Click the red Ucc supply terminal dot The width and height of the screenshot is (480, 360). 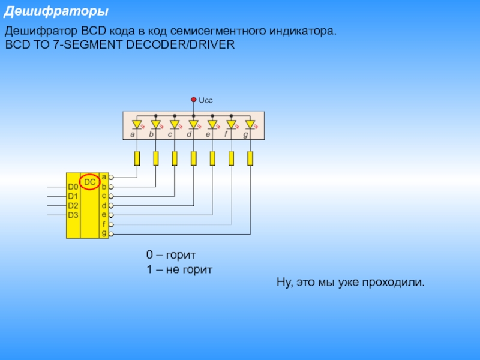click(x=193, y=100)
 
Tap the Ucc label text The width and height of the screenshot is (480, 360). click(x=206, y=100)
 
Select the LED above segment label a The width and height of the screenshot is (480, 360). click(x=137, y=125)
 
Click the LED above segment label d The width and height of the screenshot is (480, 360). click(x=193, y=125)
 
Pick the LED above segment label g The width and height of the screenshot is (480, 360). click(x=250, y=125)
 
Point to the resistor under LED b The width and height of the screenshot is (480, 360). click(x=155, y=158)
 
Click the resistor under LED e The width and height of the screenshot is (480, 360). click(x=212, y=158)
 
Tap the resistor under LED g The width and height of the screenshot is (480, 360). click(x=250, y=158)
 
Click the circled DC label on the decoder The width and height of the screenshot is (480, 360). click(x=89, y=181)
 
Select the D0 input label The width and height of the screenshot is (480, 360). click(x=73, y=187)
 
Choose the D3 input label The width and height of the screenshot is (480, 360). click(x=73, y=214)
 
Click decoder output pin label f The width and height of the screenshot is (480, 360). click(x=104, y=223)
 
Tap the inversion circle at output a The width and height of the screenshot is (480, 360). click(x=111, y=178)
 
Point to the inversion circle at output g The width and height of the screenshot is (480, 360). click(x=111, y=233)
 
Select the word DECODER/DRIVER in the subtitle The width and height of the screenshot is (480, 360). click(x=180, y=45)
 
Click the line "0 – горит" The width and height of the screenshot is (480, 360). click(x=172, y=254)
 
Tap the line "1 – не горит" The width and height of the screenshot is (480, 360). click(x=179, y=269)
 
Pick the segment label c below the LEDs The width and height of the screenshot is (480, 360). click(x=170, y=135)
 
